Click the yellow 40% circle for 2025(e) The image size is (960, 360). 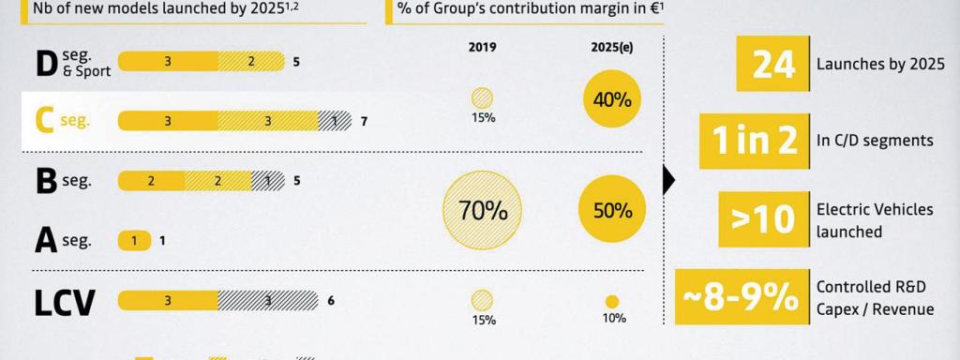[612, 98]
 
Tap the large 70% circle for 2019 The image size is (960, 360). [483, 211]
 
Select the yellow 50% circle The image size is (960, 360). [612, 211]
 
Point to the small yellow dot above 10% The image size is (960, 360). [612, 302]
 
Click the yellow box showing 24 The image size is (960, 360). [772, 64]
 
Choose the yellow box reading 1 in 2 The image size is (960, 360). [755, 140]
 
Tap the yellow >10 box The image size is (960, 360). [762, 218]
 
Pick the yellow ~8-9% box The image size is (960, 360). [741, 296]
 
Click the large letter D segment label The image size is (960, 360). [46, 64]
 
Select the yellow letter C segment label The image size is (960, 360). [43, 121]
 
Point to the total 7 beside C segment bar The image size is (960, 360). [365, 122]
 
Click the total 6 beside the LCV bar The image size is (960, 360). [331, 302]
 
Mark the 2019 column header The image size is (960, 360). [483, 46]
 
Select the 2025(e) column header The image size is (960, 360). [612, 46]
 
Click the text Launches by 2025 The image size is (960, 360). [879, 65]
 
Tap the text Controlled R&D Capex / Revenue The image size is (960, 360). [874, 297]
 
